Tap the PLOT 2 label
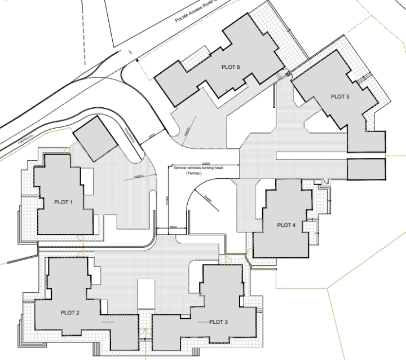point(70,312)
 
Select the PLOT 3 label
point(218,322)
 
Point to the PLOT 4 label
point(286,225)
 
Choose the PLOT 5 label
point(340,97)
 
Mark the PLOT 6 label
point(231,67)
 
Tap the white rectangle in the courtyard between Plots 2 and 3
point(146,293)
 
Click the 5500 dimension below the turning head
point(173,226)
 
